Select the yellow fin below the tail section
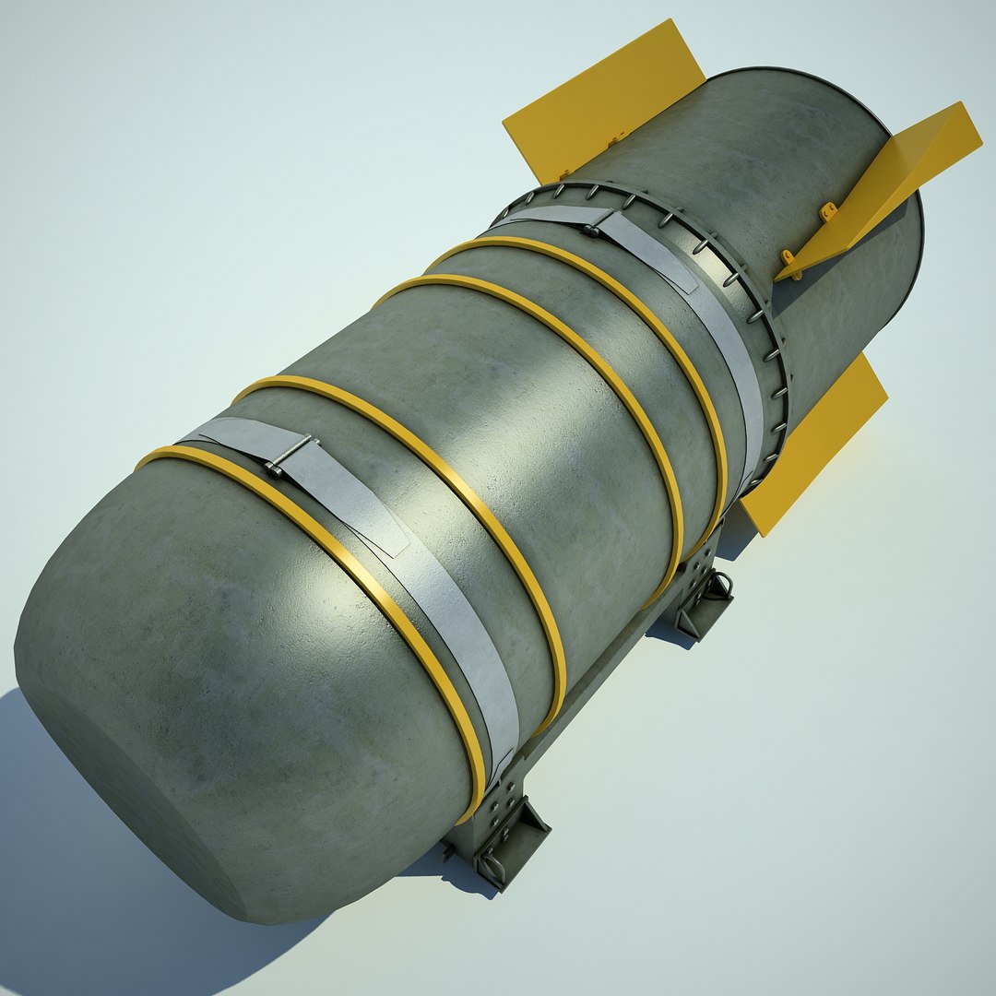click(812, 443)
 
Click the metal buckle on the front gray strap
click(290, 455)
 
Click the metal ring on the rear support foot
click(722, 583)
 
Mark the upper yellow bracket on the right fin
click(829, 212)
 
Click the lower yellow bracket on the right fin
click(788, 257)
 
